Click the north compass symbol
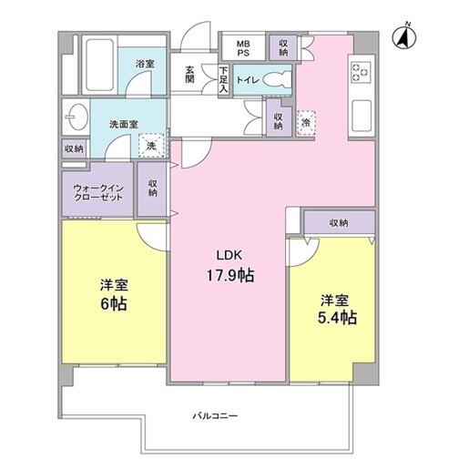coord(404,36)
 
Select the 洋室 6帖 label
coord(114,295)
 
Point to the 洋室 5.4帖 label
coord(337,309)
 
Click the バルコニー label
coord(215,415)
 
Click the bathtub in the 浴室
coord(99,66)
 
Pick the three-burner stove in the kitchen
coord(361,72)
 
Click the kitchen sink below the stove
coord(362,116)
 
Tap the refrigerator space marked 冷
coord(306,123)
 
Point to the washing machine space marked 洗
coord(151,146)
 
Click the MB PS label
coord(243,48)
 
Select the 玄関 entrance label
coord(189,75)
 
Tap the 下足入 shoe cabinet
coord(224,79)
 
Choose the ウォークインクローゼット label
coord(98,193)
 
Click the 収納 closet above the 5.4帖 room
coord(340,222)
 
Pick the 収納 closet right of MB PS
coord(283,47)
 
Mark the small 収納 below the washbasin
coord(75,148)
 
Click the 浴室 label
coord(145,64)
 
